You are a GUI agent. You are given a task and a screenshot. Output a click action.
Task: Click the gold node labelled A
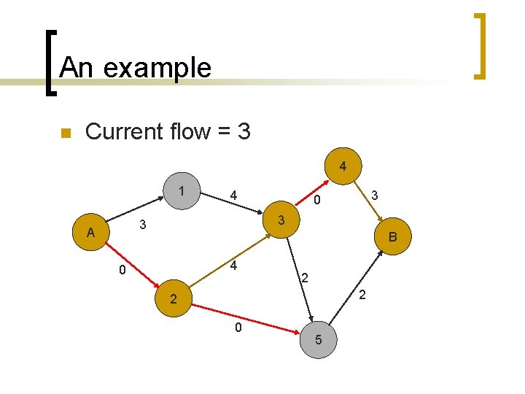(x=90, y=232)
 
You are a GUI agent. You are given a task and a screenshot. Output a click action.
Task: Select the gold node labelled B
(x=392, y=236)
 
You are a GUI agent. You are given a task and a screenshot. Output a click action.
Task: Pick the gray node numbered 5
(x=318, y=340)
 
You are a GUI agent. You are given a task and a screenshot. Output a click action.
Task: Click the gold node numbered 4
(x=342, y=167)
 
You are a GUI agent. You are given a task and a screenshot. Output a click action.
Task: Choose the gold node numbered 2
(x=172, y=299)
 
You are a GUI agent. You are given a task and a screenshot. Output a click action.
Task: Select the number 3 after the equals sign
(x=244, y=131)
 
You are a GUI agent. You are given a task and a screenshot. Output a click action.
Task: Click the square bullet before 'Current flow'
(x=65, y=133)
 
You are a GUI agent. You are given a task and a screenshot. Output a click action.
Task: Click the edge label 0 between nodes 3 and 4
(x=317, y=200)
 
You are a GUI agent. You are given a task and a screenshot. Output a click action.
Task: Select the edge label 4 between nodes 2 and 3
(x=233, y=266)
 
